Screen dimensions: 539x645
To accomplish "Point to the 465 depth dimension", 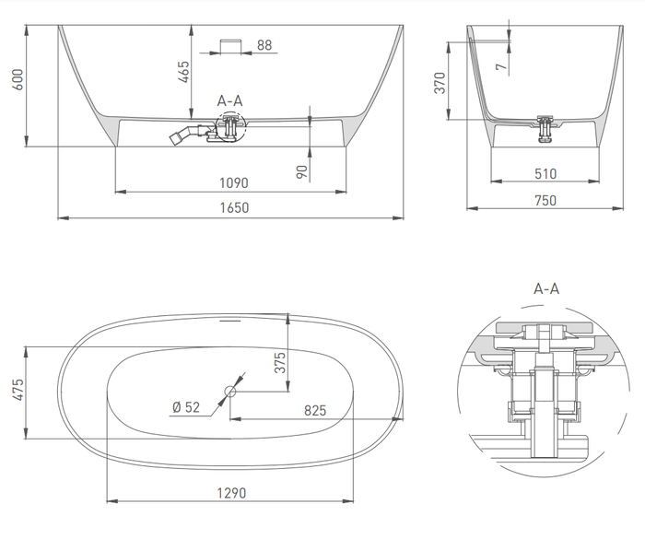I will (182, 71).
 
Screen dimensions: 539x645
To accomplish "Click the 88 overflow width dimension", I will (264, 44).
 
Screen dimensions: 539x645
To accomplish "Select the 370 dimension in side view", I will (440, 83).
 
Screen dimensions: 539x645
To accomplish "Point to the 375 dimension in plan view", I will (279, 364).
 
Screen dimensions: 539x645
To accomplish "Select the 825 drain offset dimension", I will (313, 410).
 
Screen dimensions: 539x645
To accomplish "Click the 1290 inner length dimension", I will (231, 493).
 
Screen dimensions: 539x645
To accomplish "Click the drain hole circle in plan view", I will (229, 393).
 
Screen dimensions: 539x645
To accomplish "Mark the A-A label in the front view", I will (230, 100).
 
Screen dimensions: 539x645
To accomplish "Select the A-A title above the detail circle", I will (546, 288).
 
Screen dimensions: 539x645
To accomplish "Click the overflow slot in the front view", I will (229, 45).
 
